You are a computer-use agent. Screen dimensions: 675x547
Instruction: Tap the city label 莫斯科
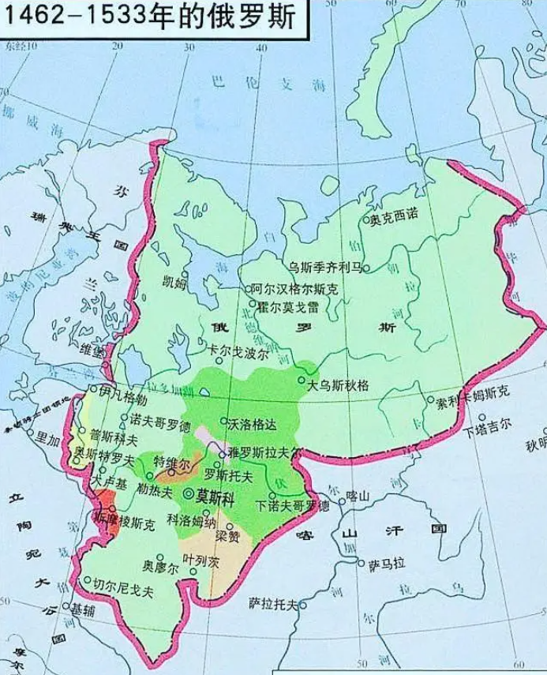215,496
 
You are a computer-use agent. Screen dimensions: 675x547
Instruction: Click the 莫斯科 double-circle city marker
189,494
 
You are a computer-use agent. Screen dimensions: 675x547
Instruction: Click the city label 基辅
86,609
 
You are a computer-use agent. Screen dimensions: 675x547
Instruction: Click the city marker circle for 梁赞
230,526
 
